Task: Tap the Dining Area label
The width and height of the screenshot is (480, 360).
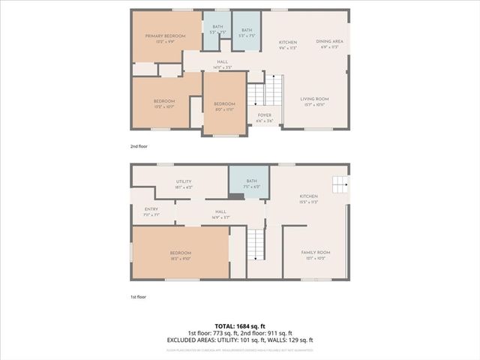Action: click(329, 43)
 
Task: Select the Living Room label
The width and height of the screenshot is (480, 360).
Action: click(316, 100)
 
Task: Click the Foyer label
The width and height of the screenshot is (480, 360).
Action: click(264, 117)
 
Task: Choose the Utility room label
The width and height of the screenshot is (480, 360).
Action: click(184, 184)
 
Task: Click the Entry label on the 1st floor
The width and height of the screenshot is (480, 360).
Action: click(151, 211)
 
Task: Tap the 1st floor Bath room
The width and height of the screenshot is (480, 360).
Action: click(251, 183)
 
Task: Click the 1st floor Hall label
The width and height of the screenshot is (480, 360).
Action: click(220, 214)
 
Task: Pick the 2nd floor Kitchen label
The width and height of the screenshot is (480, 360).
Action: click(289, 43)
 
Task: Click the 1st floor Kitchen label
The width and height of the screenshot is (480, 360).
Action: click(309, 199)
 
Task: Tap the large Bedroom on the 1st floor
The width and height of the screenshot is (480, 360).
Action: click(181, 255)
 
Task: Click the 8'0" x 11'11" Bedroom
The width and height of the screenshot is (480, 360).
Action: click(224, 106)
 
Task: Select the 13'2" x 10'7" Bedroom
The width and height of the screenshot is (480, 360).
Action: click(164, 103)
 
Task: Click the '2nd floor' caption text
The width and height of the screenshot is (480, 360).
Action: click(139, 146)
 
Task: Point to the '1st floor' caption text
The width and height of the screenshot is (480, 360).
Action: click(138, 296)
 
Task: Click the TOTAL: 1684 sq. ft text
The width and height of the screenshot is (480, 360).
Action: click(240, 325)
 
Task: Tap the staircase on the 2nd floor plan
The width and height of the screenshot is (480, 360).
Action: click(256, 94)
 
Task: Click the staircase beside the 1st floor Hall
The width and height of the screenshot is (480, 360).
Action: click(256, 244)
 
